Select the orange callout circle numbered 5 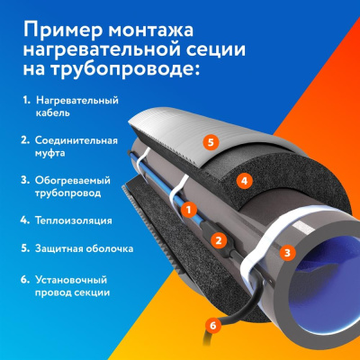210,142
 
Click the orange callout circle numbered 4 242,180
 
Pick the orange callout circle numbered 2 217,239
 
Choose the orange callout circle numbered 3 286,253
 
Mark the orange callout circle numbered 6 212,324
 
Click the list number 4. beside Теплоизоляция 24,219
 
